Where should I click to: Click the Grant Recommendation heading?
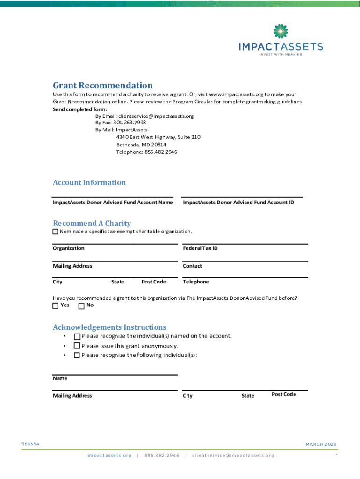(x=103, y=85)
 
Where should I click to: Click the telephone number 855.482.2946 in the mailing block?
(x=161, y=152)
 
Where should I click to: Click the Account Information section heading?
(x=89, y=182)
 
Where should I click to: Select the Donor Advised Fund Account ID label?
(x=238, y=203)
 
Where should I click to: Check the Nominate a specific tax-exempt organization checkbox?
(x=56, y=232)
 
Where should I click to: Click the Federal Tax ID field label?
(x=200, y=248)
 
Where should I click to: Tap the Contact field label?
(x=192, y=266)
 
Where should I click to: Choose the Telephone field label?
(x=196, y=282)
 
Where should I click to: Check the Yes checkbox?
(x=56, y=306)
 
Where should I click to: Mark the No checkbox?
(x=81, y=306)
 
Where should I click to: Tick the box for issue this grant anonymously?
(x=77, y=346)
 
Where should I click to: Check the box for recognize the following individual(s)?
(x=77, y=356)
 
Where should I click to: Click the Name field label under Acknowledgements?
(x=60, y=378)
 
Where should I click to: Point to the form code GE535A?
(x=30, y=444)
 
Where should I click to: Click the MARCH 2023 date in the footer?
(x=321, y=444)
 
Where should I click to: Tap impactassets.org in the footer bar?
(x=109, y=455)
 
